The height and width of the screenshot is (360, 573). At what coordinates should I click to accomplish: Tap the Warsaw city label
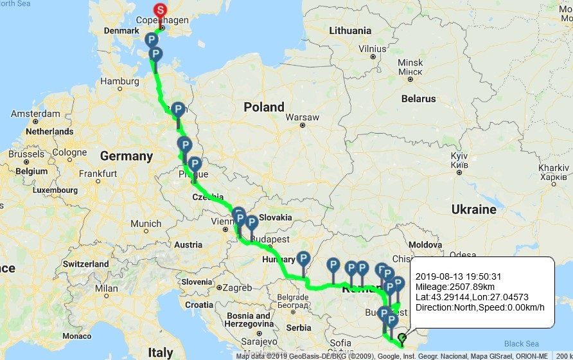(302, 118)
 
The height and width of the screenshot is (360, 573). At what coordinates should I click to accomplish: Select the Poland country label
(263, 107)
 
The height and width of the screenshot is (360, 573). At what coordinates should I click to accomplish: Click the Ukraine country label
(473, 210)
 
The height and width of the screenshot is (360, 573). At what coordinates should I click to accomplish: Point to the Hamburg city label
(119, 82)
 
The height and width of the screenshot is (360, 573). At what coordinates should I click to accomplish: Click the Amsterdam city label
(35, 114)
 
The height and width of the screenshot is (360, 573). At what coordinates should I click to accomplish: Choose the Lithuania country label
(350, 30)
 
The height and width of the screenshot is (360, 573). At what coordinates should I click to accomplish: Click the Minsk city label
(410, 62)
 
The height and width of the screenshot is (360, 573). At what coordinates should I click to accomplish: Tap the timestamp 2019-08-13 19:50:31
(458, 276)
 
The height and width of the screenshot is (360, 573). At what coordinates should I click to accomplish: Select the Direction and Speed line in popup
(480, 307)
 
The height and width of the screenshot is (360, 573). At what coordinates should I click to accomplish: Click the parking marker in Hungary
(304, 259)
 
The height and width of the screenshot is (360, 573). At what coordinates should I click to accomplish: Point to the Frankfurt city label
(98, 174)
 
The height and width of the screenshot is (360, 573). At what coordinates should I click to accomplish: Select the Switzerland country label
(86, 264)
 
